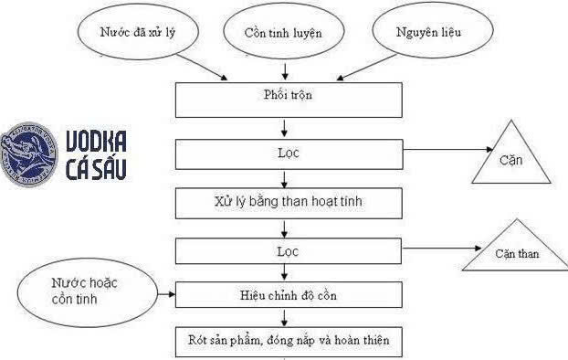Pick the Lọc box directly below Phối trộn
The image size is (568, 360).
pos(289,154)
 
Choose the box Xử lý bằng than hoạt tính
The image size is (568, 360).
pos(289,200)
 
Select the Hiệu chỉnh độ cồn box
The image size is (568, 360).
pos(289,294)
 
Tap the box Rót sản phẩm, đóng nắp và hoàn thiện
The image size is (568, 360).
pos(289,341)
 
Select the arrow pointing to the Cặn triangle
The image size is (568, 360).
pos(447,153)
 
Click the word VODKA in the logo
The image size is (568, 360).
pos(97,140)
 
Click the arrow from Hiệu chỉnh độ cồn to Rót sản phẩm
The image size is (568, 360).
pos(289,317)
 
